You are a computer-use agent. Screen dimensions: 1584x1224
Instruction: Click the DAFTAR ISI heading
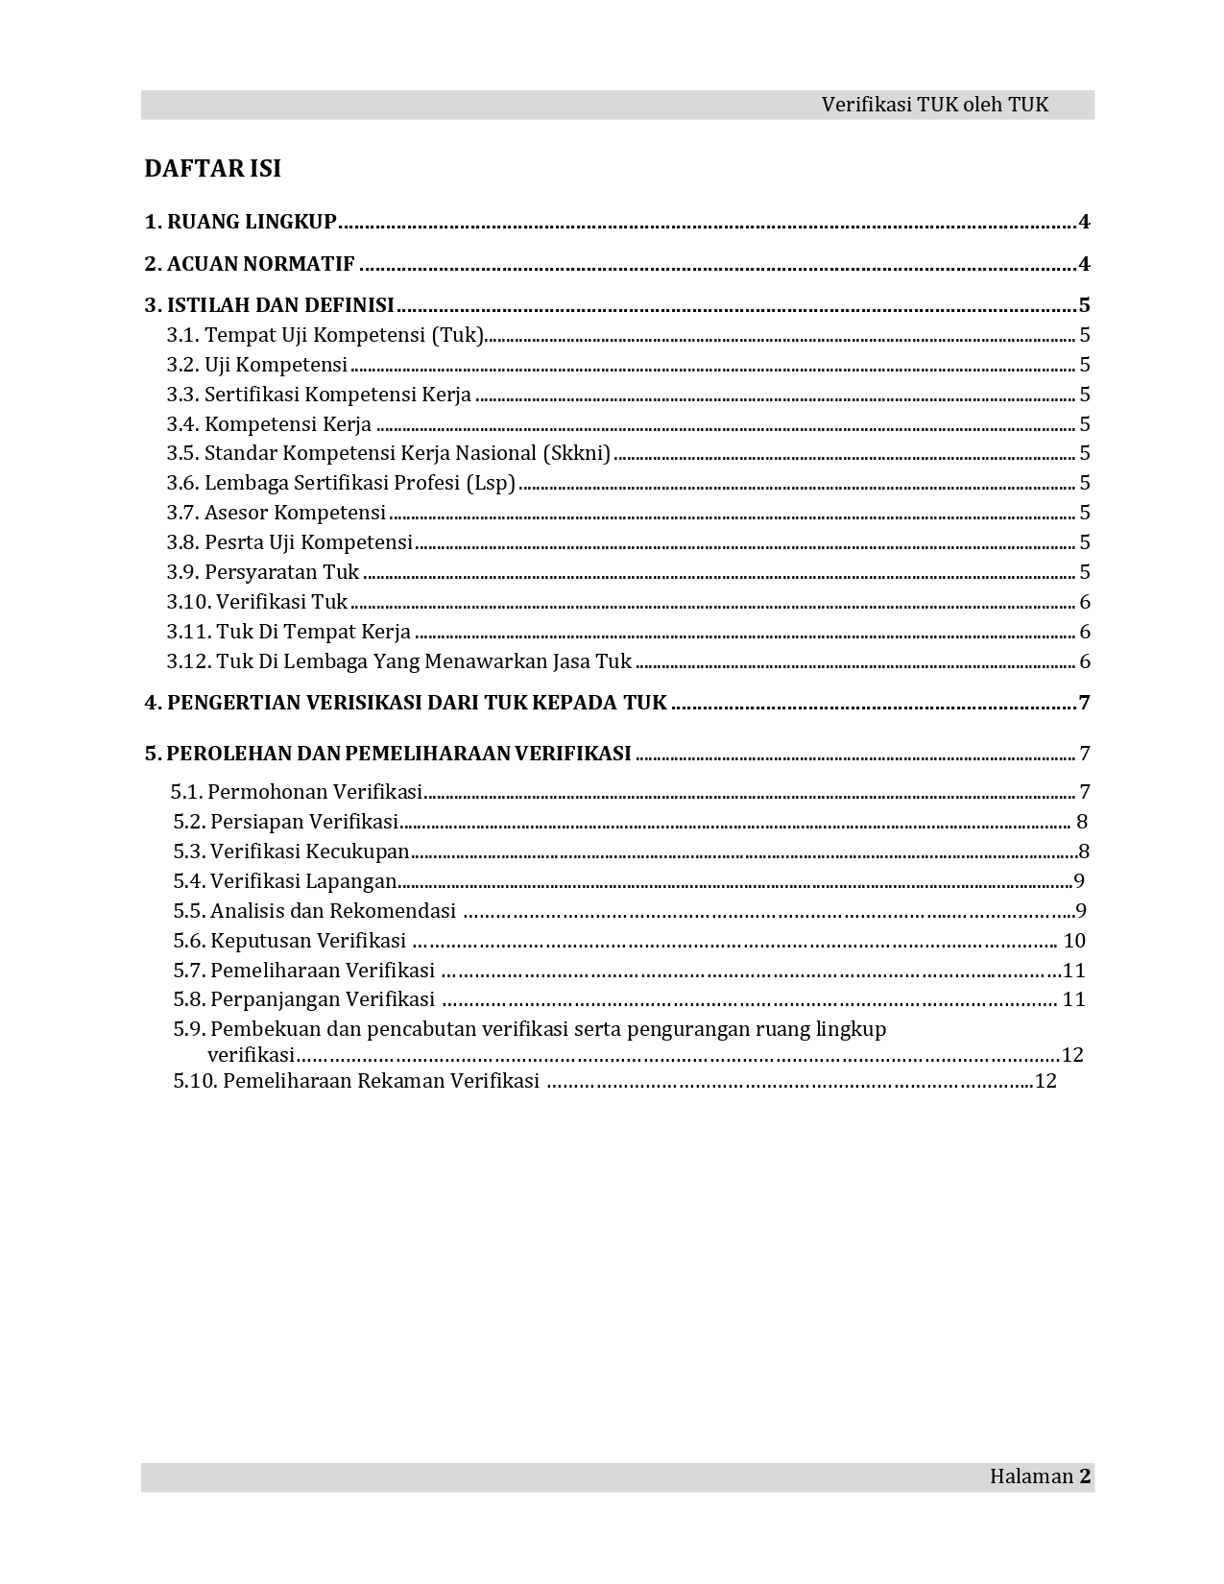[x=212, y=169]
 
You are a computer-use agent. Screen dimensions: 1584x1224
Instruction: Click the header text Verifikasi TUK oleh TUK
[x=934, y=105]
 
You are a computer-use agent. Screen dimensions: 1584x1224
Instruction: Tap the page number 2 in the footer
[x=1085, y=1476]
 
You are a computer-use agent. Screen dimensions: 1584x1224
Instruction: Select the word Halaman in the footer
[x=1031, y=1476]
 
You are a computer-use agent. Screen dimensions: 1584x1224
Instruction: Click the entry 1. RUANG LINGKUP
[x=240, y=222]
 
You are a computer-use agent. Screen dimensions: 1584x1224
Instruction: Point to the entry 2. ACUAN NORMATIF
[x=250, y=264]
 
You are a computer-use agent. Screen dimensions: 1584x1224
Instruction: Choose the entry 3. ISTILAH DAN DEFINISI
[x=269, y=305]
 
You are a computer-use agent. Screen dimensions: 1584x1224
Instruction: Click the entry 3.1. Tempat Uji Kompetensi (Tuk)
[x=324, y=335]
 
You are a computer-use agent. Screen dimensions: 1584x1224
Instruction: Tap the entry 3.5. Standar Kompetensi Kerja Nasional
[x=388, y=453]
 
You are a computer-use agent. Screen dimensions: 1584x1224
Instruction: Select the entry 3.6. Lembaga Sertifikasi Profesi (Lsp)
[x=341, y=483]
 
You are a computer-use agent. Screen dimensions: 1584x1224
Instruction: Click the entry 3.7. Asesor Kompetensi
[x=276, y=513]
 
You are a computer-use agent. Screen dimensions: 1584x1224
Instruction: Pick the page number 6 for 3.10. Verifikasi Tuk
[x=1085, y=602]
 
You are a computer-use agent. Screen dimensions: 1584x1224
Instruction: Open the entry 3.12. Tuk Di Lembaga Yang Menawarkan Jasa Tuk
[x=398, y=661]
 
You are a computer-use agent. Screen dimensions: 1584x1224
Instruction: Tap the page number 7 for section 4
[x=1085, y=703]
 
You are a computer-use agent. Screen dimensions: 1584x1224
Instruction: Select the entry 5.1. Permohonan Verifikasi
[x=297, y=792]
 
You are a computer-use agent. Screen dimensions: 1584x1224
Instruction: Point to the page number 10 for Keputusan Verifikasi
[x=1074, y=941]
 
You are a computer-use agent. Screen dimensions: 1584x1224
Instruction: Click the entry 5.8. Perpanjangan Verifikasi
[x=304, y=999]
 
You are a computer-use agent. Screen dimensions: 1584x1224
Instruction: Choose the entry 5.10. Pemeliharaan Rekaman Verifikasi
[x=356, y=1081]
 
